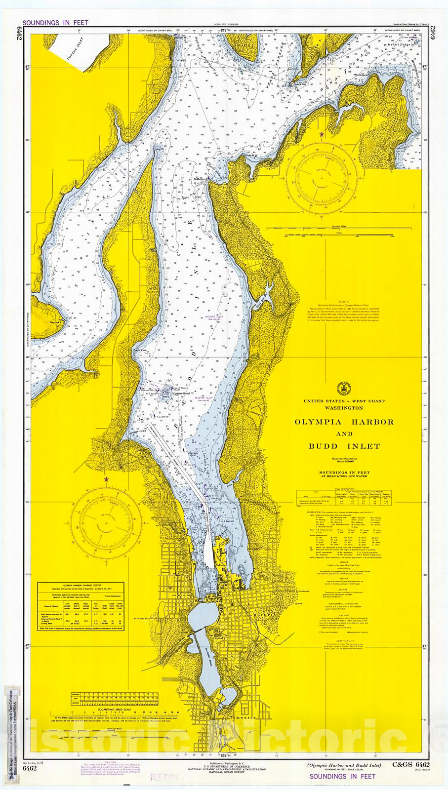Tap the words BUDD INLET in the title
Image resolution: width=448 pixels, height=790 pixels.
tap(344, 446)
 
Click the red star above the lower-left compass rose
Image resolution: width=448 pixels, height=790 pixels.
tap(105, 479)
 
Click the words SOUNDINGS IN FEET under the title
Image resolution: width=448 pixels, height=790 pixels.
tap(344, 473)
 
